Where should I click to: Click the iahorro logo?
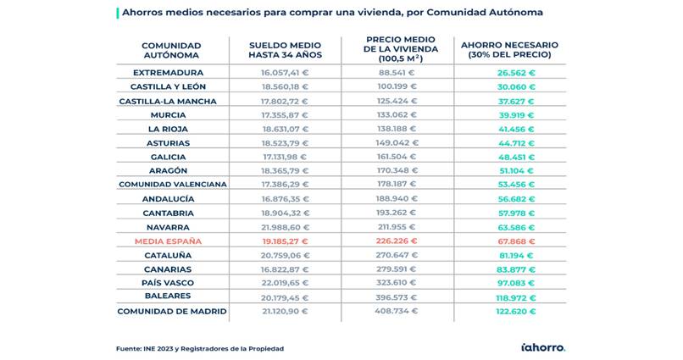[542, 346]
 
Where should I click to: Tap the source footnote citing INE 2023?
[200, 348]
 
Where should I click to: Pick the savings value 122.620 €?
[517, 311]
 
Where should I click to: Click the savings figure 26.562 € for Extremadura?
[517, 73]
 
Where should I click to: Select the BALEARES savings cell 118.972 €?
[517, 297]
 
